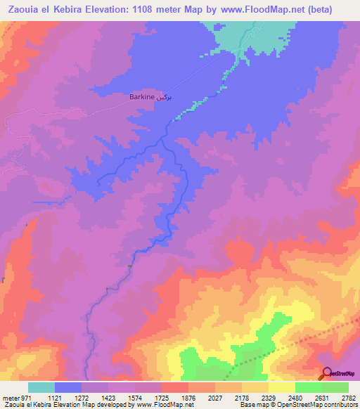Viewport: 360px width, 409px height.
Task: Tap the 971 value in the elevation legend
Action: [x=25, y=398]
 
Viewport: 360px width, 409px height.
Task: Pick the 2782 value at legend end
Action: [x=348, y=398]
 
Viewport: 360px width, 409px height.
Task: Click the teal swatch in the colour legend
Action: [x=41, y=387]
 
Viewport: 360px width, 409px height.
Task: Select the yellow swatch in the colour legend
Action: [x=281, y=387]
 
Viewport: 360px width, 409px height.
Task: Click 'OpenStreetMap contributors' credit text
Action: [x=317, y=405]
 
